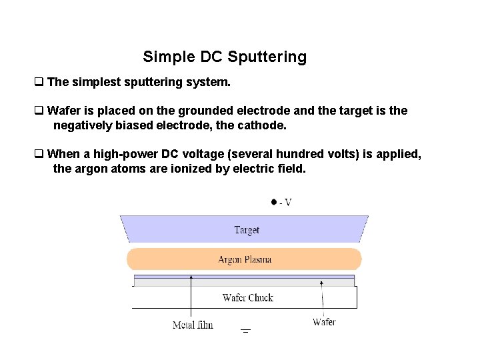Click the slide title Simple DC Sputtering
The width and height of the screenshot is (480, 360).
coord(225,57)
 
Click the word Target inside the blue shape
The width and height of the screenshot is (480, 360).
coord(247,230)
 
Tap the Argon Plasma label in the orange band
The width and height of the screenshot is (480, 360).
coord(245,259)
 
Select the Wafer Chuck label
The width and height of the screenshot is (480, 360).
coord(248,297)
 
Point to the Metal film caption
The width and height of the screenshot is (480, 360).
coord(193,325)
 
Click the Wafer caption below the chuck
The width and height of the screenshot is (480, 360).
coord(324,322)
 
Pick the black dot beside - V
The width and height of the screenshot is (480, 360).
coord(273,201)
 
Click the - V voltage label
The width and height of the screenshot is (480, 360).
coord(285,202)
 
